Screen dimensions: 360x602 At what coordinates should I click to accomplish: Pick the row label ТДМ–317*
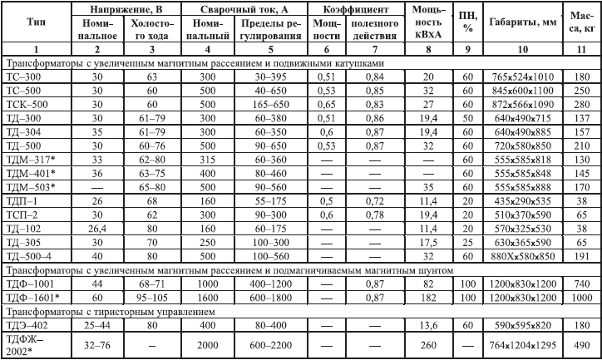point(36,158)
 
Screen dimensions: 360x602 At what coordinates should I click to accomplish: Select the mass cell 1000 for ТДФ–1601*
point(581,298)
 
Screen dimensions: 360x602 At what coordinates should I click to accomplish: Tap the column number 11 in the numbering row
point(581,49)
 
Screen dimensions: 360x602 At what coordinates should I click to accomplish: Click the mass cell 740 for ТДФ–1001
point(581,284)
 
